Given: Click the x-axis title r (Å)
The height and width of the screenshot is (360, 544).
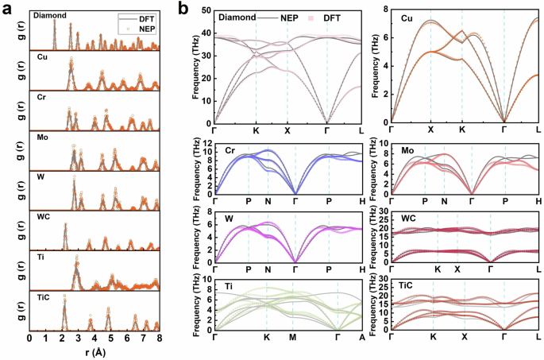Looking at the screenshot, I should tap(94, 352).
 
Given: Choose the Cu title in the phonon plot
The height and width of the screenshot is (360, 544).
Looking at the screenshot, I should tap(407, 17).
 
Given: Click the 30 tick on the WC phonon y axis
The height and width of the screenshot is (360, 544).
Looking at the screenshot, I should tap(383, 210).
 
